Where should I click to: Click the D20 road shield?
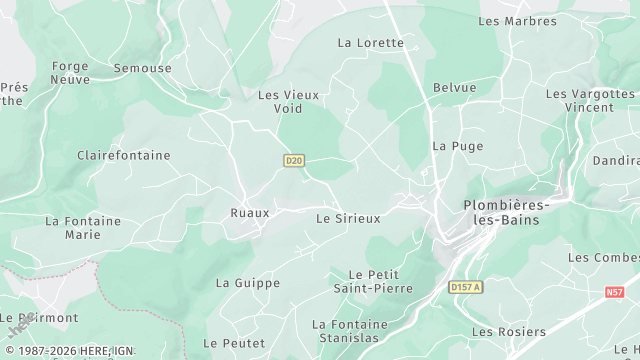[293, 160]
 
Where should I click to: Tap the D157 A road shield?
[465, 288]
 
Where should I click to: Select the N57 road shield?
[614, 292]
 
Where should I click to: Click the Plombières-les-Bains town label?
[505, 213]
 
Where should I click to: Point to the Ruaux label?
[250, 213]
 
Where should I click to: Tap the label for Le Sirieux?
[348, 218]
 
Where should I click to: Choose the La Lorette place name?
[371, 43]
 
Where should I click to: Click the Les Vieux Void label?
[288, 102]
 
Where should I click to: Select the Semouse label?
[142, 69]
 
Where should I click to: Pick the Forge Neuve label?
[70, 73]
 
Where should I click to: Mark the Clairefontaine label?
[124, 156]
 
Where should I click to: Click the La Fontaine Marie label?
[83, 228]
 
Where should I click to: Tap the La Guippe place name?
[248, 283]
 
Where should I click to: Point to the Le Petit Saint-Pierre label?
[373, 281]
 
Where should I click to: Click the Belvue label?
[455, 88]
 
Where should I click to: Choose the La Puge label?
[457, 146]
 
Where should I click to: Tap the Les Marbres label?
[517, 21]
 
